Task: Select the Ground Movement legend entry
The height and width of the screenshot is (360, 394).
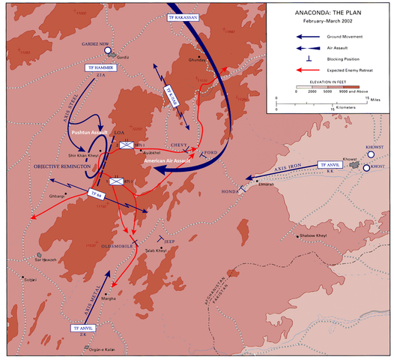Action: pyautogui.click(x=333, y=36)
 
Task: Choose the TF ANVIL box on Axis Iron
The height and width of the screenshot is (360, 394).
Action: pyautogui.click(x=330, y=165)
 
